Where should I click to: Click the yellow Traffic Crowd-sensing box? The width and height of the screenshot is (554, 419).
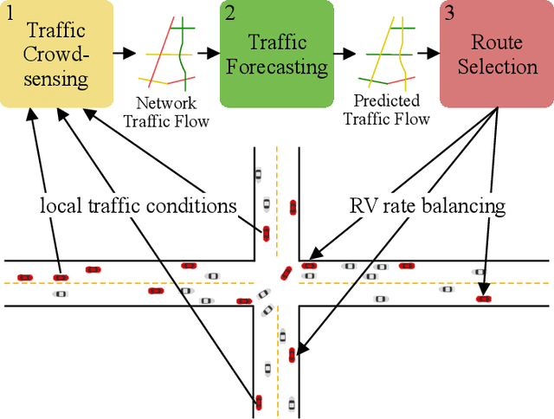pyautogui.click(x=56, y=54)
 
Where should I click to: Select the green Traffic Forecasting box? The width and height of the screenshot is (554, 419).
pyautogui.click(x=277, y=54)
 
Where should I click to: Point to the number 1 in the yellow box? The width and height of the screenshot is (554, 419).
pyautogui.click(x=10, y=12)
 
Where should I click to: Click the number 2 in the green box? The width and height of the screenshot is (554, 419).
pyautogui.click(x=230, y=12)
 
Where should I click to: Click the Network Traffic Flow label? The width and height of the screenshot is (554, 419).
pyautogui.click(x=166, y=113)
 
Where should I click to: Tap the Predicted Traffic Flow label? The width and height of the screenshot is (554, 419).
pyautogui.click(x=386, y=110)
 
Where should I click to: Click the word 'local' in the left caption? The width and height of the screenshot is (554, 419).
pyautogui.click(x=59, y=206)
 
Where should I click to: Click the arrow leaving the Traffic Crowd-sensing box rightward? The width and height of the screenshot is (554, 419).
pyautogui.click(x=124, y=54)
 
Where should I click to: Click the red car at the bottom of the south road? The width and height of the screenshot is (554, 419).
pyautogui.click(x=258, y=402)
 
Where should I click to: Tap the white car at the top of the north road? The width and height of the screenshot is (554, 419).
pyautogui.click(x=257, y=174)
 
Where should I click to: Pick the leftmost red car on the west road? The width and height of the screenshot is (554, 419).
pyautogui.click(x=25, y=277)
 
